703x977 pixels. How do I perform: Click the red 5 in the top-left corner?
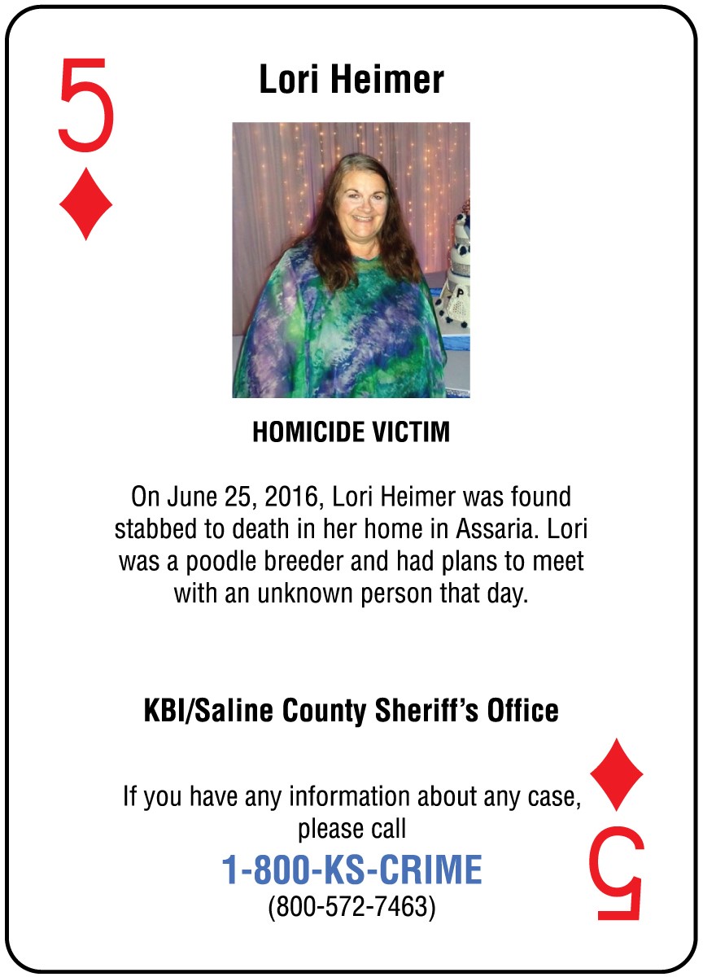click(85, 106)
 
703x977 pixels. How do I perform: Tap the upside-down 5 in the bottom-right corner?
click(617, 874)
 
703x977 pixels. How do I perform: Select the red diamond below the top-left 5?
click(85, 204)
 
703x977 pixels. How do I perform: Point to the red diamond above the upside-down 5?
click(617, 774)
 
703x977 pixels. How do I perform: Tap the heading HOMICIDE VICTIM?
click(351, 432)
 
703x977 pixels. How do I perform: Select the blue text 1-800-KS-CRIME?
click(351, 870)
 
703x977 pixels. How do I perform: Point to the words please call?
click(351, 830)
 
